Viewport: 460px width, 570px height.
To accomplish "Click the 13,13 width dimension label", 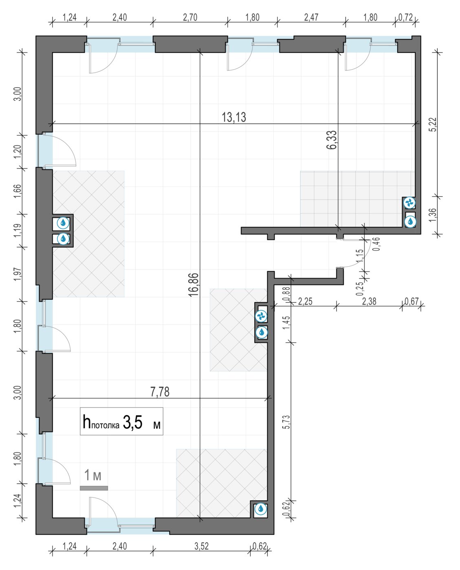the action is pos(233,117).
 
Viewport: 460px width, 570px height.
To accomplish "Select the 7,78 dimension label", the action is pos(160,392).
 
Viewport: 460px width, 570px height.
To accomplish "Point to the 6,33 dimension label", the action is pos(332,140).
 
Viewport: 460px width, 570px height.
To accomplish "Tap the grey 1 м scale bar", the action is pos(94,488).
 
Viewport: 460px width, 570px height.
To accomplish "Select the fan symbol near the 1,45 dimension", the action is pos(261,316).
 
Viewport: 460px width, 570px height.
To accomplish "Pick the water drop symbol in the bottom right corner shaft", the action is pos(261,508).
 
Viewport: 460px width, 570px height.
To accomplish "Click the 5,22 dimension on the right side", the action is pos(434,124).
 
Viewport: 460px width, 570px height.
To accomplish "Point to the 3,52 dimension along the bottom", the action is pos(202,546).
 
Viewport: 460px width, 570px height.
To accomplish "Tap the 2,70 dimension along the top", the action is pos(190,18).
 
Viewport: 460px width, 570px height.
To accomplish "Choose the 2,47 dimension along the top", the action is pos(311,18).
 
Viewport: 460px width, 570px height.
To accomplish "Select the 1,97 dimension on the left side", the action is pos(18,274).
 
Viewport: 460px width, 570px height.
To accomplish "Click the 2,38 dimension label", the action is pos(369,301).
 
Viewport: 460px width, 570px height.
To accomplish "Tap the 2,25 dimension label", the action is pos(305,301).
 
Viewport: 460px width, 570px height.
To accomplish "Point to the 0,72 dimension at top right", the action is pos(406,18).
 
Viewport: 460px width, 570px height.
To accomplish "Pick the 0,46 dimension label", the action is pos(376,244).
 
